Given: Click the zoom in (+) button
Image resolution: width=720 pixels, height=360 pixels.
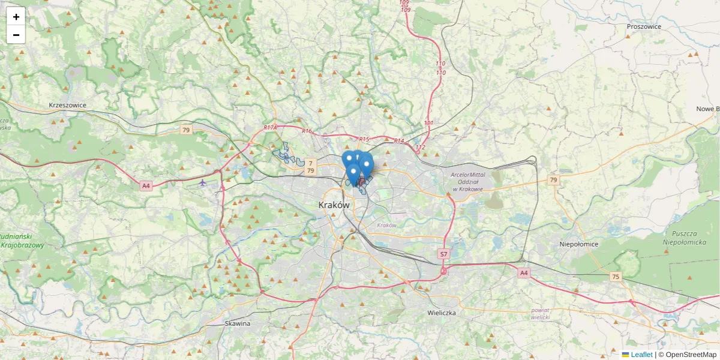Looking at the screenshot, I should click(16, 17).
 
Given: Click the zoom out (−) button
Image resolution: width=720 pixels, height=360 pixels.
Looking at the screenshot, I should click(16, 35).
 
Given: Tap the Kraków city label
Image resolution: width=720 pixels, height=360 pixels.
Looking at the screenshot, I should click(334, 205).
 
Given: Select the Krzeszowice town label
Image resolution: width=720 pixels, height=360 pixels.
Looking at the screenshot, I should click(68, 105).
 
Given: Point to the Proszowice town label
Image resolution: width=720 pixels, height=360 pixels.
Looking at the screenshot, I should click(643, 26).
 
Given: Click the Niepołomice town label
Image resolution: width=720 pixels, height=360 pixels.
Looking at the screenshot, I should click(578, 244).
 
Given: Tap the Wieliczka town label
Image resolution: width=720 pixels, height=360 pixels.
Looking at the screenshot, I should click(442, 313).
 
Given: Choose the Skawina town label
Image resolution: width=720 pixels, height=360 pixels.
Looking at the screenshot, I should click(237, 323).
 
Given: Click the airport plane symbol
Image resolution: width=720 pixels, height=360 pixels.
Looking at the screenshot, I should click(203, 182).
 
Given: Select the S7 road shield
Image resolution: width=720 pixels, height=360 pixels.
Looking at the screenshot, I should click(443, 254).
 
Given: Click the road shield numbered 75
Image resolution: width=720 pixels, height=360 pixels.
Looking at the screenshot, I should click(615, 277).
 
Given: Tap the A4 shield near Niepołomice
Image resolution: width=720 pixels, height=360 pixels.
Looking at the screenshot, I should click(524, 273).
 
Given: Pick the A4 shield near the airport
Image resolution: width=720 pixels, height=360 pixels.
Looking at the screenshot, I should click(146, 186).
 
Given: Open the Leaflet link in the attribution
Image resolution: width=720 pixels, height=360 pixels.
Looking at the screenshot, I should click(641, 355).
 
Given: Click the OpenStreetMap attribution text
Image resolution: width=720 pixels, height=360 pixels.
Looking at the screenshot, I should click(690, 355).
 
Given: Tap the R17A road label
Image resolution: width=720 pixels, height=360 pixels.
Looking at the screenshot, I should click(271, 128).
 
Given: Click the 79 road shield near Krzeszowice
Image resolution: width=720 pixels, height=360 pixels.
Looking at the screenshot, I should click(186, 130).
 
